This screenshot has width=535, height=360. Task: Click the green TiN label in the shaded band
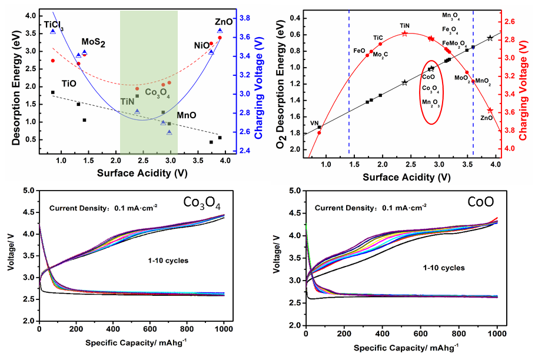pos(128,101)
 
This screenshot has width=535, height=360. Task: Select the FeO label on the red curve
pos(359,51)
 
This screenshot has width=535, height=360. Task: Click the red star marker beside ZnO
pos(490,111)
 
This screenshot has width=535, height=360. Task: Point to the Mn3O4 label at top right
pos(451,16)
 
